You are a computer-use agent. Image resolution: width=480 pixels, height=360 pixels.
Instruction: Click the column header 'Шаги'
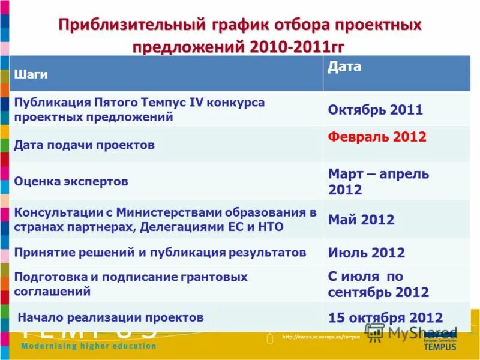click(31, 74)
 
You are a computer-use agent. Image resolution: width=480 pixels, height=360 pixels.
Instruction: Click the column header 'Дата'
click(344, 67)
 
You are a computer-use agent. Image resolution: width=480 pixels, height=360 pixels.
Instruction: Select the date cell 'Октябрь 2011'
click(375, 110)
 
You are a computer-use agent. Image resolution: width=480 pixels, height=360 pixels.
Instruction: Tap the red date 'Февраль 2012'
click(377, 137)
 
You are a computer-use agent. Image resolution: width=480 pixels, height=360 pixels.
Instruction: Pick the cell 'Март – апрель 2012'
click(378, 182)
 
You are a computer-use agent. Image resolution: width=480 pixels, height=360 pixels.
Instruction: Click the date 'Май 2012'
click(361, 220)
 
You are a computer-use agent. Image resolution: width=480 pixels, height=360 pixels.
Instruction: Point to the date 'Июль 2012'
click(366, 253)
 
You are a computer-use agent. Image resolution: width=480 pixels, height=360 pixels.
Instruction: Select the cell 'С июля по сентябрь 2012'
click(378, 284)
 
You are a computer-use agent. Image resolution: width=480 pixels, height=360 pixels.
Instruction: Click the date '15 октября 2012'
click(385, 318)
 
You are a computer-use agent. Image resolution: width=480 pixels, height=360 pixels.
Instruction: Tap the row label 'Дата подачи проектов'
click(85, 145)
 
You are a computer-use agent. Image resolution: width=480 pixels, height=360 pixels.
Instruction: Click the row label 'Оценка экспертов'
click(71, 181)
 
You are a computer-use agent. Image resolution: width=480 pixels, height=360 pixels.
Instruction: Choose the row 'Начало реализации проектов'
click(111, 317)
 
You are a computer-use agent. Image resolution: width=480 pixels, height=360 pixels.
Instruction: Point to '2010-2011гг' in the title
click(293, 47)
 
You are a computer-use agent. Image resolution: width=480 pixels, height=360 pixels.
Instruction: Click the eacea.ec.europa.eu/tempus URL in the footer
click(320, 337)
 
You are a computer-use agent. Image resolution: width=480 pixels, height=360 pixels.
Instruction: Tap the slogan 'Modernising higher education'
click(89, 346)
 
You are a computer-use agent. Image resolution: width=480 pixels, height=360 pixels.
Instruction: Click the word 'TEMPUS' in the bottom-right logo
click(440, 346)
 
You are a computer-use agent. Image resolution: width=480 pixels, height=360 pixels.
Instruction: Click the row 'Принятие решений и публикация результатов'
click(160, 252)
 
